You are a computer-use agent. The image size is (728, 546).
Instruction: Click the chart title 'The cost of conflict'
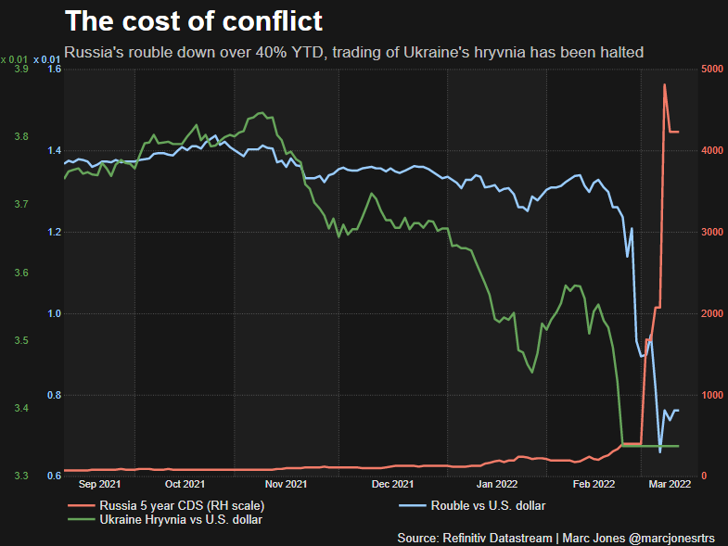point(193,20)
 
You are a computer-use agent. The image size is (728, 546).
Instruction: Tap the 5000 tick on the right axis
point(711,70)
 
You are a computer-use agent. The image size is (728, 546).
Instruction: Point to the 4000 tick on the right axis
point(711,151)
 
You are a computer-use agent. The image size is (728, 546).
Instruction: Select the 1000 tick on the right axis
point(711,396)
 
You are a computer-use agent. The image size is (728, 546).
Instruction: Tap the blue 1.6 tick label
point(53,70)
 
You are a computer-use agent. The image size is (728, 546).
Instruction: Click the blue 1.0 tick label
point(53,314)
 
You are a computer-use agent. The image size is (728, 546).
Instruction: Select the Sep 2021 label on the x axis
point(100,484)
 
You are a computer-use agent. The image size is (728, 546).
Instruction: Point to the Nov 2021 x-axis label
point(286,484)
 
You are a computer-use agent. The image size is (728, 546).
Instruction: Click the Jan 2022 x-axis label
point(496,484)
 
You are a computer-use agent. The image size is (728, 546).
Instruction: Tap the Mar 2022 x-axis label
point(667,484)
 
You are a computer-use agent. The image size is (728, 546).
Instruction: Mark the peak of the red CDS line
point(664,84)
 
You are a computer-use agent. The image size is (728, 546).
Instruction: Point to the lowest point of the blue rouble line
point(660,451)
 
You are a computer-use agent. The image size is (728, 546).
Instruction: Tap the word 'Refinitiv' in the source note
point(473,538)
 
